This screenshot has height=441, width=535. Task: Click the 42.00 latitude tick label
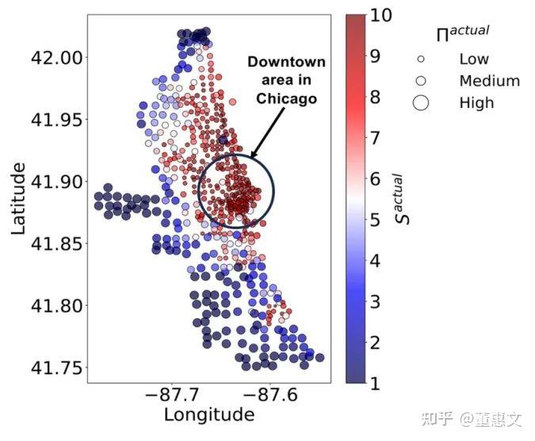56,57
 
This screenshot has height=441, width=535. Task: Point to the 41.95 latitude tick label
56,120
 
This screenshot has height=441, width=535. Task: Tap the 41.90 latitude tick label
56,182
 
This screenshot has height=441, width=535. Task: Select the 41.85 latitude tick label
56,244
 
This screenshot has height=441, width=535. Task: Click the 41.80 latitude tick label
56,305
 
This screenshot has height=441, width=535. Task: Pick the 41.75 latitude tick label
56,367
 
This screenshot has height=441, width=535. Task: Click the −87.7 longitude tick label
172,394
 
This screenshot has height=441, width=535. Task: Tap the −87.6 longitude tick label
270,394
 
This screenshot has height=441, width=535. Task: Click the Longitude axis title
209,415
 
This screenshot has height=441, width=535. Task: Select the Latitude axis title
18,198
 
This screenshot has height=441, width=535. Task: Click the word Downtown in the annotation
287,62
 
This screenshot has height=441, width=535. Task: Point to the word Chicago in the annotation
287,98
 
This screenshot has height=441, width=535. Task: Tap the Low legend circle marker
421,59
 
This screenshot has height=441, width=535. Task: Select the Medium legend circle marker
421,81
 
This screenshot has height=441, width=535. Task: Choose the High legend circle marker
421,103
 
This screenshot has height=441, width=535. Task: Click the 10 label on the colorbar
381,15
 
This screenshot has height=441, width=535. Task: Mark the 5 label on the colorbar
376,220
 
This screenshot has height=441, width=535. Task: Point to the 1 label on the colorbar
376,383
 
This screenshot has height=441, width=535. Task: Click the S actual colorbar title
403,199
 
